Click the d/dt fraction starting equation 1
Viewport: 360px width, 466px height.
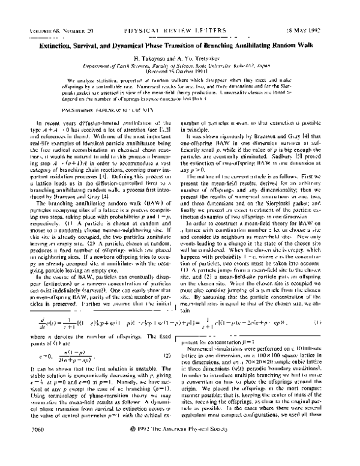pos(29,322)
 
